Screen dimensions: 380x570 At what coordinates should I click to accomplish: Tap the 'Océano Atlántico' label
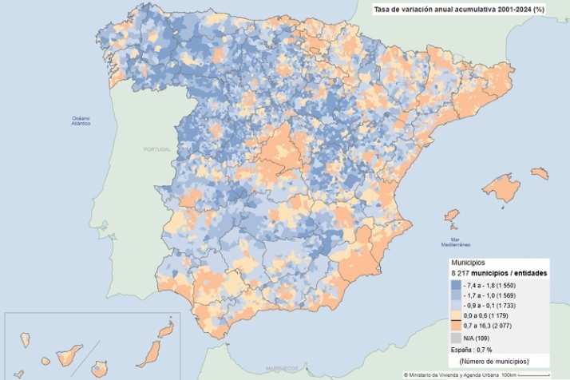click(81, 121)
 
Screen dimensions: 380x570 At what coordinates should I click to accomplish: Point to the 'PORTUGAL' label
click(157, 149)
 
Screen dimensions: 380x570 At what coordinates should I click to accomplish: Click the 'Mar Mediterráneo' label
click(455, 242)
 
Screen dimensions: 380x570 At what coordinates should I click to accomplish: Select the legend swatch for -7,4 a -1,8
click(456, 285)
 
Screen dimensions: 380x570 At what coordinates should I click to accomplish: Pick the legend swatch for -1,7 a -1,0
click(456, 295)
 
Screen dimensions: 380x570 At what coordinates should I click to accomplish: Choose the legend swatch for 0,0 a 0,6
click(456, 317)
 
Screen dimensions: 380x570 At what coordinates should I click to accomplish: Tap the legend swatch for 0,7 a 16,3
click(456, 327)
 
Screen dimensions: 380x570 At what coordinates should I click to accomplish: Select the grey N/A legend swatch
click(456, 338)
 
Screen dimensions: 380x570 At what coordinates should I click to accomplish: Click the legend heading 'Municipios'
click(469, 263)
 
